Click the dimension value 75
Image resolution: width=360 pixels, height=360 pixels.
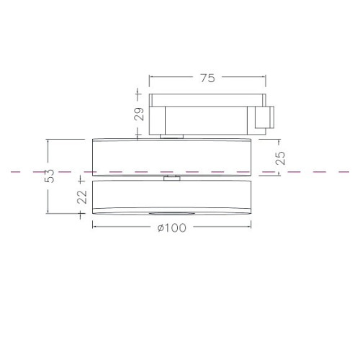(x=208, y=78)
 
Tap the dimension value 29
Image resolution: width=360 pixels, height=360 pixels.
(x=139, y=114)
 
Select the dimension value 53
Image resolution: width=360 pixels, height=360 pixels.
(x=50, y=176)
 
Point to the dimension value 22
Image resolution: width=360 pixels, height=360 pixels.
(x=82, y=197)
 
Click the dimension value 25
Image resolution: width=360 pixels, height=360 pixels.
(x=280, y=158)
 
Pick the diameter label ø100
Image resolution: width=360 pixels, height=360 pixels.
(x=172, y=228)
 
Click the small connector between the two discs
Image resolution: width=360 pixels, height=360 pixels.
(x=172, y=178)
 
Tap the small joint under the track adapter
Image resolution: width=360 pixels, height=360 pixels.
(x=172, y=137)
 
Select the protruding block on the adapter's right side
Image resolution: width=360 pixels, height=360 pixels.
(x=264, y=117)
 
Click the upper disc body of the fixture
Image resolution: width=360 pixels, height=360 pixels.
(x=172, y=157)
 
